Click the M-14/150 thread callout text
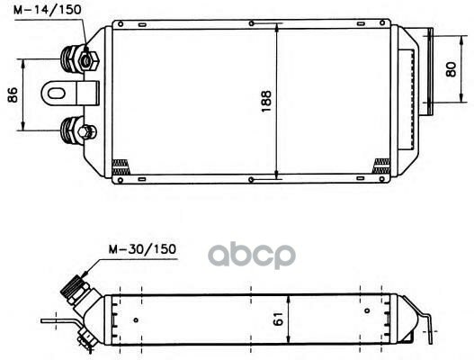pos(48,10)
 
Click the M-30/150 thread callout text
pos(142,249)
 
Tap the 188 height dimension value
pos(266,102)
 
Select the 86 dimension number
pos(13,94)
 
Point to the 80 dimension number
pos(451,69)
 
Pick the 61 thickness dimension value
pos(279,319)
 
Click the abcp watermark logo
pos(252,255)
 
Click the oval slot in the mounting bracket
pos(57,94)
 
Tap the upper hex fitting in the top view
pos(88,61)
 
